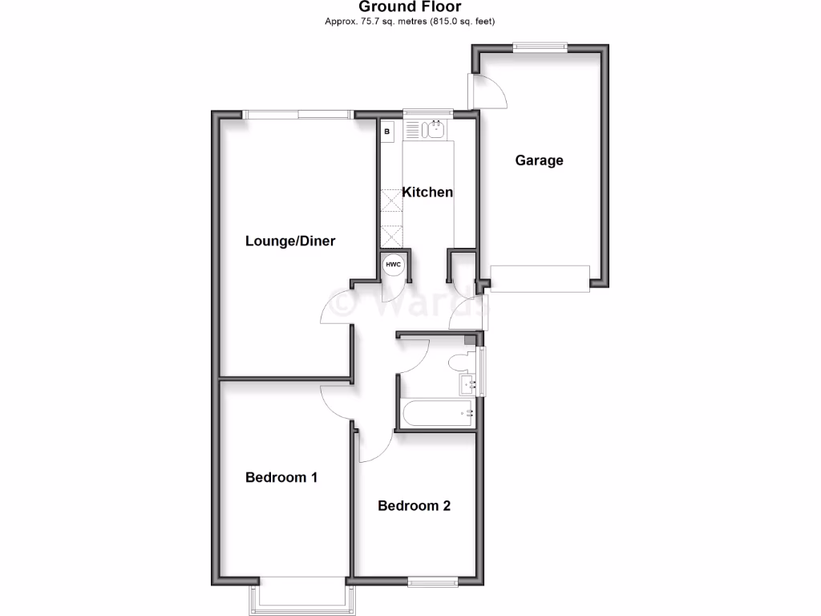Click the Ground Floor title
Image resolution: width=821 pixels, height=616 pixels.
coord(410,7)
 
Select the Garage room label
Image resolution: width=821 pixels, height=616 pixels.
coord(539,160)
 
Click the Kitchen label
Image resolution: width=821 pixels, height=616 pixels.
coord(427,192)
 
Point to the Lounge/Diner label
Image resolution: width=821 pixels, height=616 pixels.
coord(290,241)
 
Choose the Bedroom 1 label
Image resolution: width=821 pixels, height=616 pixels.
coord(281,477)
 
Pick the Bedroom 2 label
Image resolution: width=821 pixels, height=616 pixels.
coord(414,505)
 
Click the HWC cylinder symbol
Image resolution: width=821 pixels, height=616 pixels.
coord(393,265)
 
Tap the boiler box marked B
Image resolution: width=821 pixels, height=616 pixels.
coord(387,131)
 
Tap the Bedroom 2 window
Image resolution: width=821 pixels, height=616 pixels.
coord(432,580)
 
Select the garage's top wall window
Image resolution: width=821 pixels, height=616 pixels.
coord(540,46)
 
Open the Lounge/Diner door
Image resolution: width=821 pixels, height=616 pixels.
coord(337,309)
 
